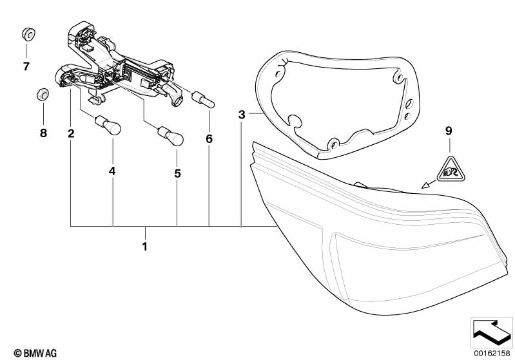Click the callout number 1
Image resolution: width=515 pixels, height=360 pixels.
click(145, 246)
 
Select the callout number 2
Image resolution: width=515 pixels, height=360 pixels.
click(71, 134)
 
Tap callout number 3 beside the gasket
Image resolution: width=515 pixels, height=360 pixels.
click(242, 115)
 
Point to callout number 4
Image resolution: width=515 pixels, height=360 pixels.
click(113, 172)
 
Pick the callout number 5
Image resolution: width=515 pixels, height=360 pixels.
click(177, 173)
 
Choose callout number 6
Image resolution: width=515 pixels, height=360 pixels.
click(209, 138)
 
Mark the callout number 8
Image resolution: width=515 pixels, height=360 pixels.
click(43, 134)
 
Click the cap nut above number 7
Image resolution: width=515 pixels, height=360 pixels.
click(27, 34)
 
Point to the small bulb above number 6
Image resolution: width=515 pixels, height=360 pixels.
click(204, 100)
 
